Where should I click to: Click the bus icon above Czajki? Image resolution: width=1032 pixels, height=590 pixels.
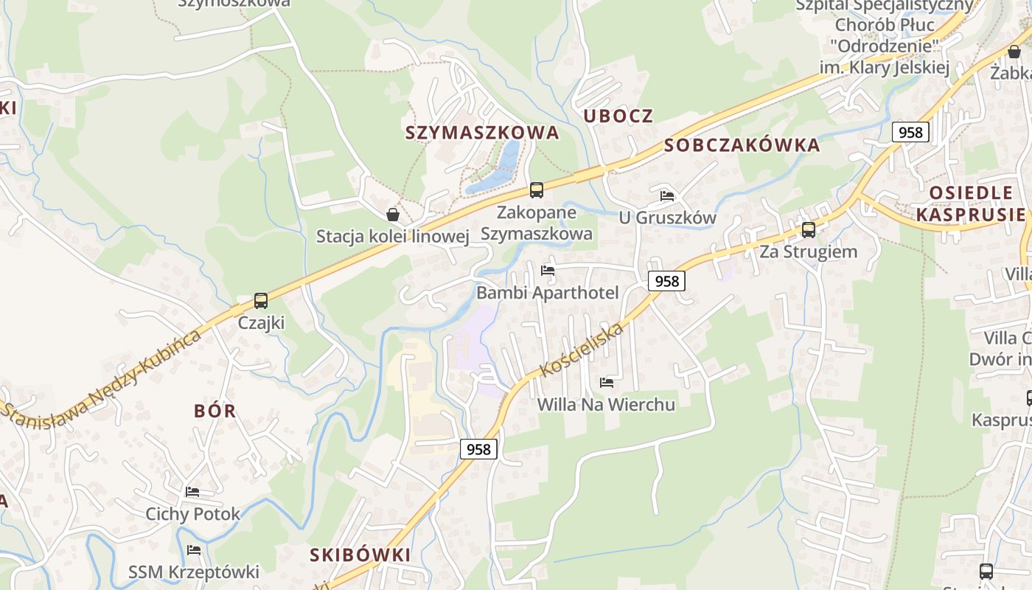[x=261, y=301]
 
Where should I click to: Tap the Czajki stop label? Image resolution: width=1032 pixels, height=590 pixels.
[x=261, y=323]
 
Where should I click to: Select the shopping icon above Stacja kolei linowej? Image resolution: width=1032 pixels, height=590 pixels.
[x=393, y=215]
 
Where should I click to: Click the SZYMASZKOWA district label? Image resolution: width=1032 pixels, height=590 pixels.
[x=482, y=133]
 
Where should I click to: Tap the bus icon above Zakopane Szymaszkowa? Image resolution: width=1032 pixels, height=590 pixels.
[x=537, y=190]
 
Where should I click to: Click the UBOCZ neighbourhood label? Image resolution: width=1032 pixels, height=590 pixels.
[x=618, y=116]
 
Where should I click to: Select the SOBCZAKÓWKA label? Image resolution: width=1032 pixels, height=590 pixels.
[x=742, y=145]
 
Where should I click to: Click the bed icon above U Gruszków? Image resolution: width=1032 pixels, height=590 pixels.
[x=667, y=196]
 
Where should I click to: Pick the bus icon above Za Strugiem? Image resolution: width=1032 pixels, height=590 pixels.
[x=809, y=230]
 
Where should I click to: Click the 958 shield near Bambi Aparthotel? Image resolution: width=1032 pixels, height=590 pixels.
[x=666, y=281]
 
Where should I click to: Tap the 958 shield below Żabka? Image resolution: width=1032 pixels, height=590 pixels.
[x=910, y=132]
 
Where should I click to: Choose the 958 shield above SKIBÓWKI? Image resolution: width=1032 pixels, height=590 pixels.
[x=478, y=448]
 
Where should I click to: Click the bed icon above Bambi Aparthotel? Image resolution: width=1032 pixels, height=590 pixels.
[x=548, y=271]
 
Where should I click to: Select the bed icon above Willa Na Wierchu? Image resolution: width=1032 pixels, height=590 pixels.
[x=607, y=383]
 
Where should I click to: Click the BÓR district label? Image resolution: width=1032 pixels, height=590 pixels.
[x=215, y=412]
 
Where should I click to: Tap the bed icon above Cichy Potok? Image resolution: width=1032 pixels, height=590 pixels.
[x=192, y=492]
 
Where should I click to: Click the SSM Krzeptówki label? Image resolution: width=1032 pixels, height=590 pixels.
[x=194, y=572]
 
